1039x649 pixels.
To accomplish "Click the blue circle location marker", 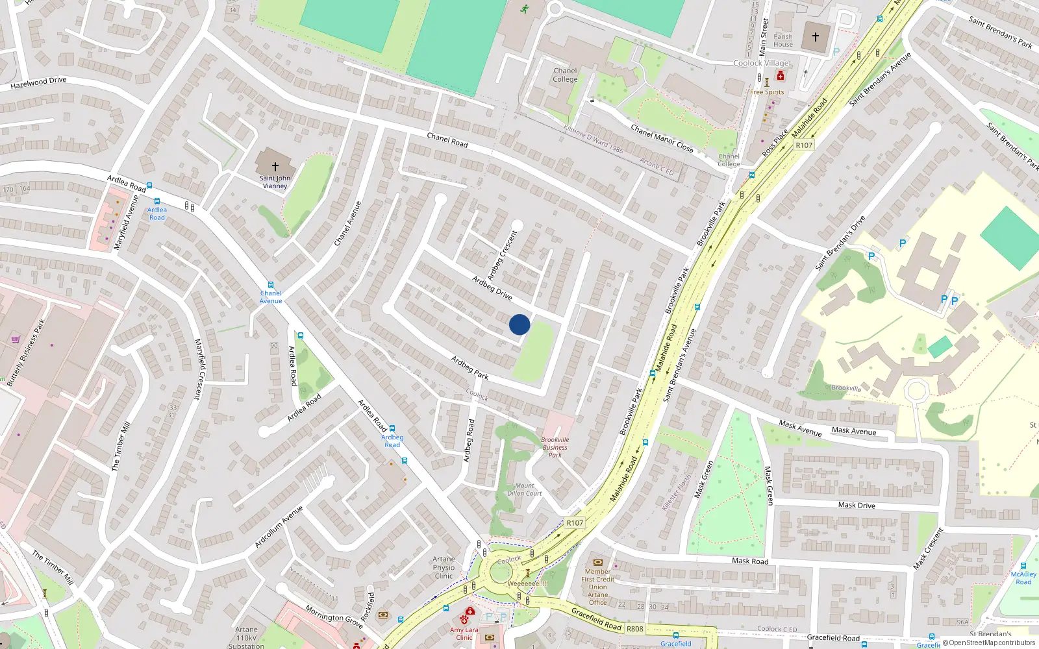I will pyautogui.click(x=519, y=324).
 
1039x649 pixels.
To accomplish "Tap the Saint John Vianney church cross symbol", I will pyautogui.click(x=275, y=167).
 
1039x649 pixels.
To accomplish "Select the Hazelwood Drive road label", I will pyautogui.click(x=38, y=82).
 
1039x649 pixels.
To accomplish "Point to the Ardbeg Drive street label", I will pyautogui.click(x=492, y=288).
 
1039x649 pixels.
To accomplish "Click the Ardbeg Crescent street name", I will pyautogui.click(x=502, y=255).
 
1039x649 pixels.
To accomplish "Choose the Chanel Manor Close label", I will pyautogui.click(x=662, y=138).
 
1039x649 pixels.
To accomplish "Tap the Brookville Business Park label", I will pyautogui.click(x=555, y=447).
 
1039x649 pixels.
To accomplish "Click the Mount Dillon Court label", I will pyautogui.click(x=525, y=489).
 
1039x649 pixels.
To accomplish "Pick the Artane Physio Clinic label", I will pyautogui.click(x=444, y=567).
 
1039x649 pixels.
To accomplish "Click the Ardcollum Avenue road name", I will pyautogui.click(x=279, y=526).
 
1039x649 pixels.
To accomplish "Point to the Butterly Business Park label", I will pyautogui.click(x=26, y=353).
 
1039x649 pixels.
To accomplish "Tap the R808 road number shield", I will pyautogui.click(x=634, y=628).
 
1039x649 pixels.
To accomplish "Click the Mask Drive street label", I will pyautogui.click(x=856, y=505).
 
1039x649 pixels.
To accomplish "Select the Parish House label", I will pyautogui.click(x=782, y=40).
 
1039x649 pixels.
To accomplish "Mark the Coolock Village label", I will pyautogui.click(x=761, y=63).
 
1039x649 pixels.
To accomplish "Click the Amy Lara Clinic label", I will pyautogui.click(x=464, y=633).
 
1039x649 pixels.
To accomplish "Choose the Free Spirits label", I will pyautogui.click(x=767, y=92).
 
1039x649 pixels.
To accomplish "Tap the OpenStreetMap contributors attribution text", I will pyautogui.click(x=992, y=643).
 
